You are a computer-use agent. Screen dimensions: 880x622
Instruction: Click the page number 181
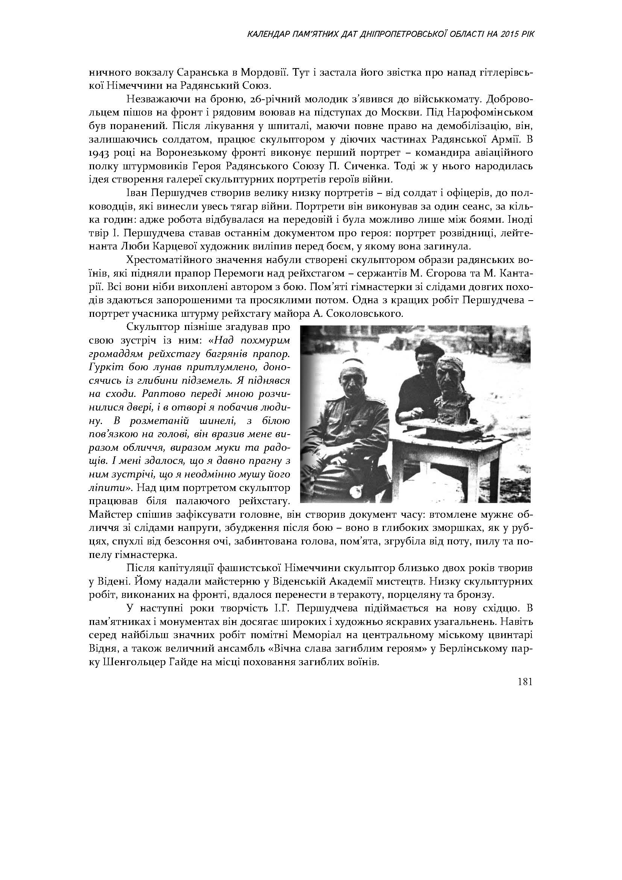(525, 682)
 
